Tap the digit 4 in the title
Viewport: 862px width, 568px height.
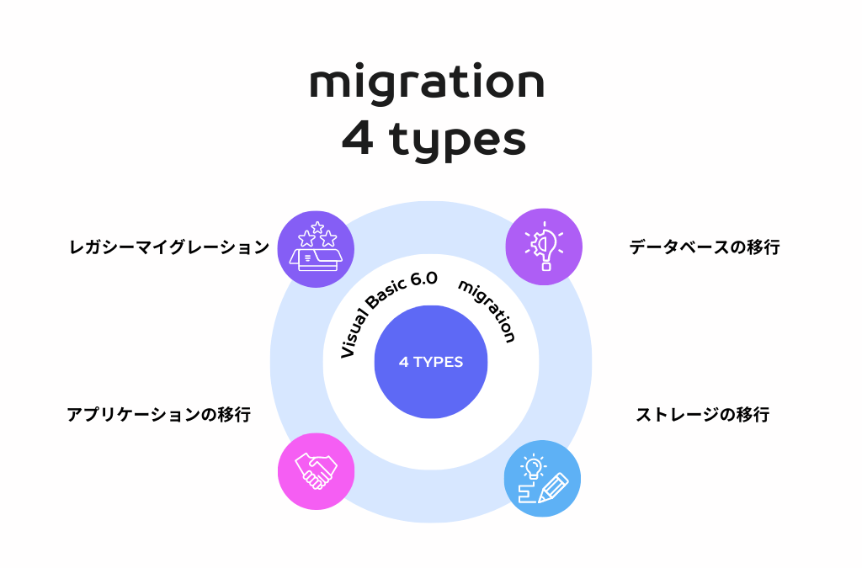[358, 140]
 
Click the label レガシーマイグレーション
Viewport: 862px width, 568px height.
[169, 247]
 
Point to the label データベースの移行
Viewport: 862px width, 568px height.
[705, 247]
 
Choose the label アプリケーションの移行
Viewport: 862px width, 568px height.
[158, 415]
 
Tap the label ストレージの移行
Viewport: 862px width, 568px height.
[702, 415]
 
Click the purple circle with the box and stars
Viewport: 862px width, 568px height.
[315, 249]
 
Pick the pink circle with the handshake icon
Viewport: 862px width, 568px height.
[316, 471]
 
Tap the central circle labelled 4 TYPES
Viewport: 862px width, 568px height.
[431, 362]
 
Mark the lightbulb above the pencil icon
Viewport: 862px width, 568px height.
[532, 466]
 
